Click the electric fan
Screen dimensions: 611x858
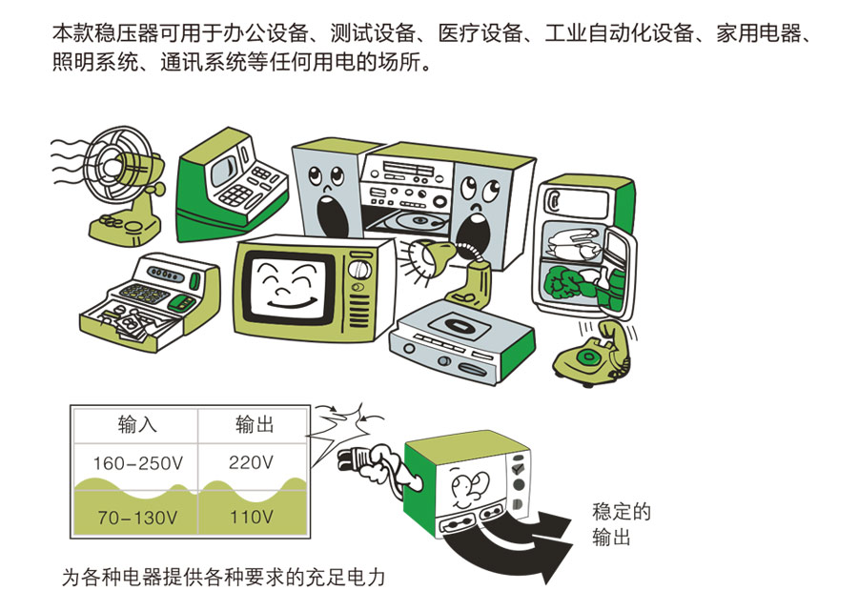click(x=111, y=181)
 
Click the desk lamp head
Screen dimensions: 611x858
click(x=423, y=255)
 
